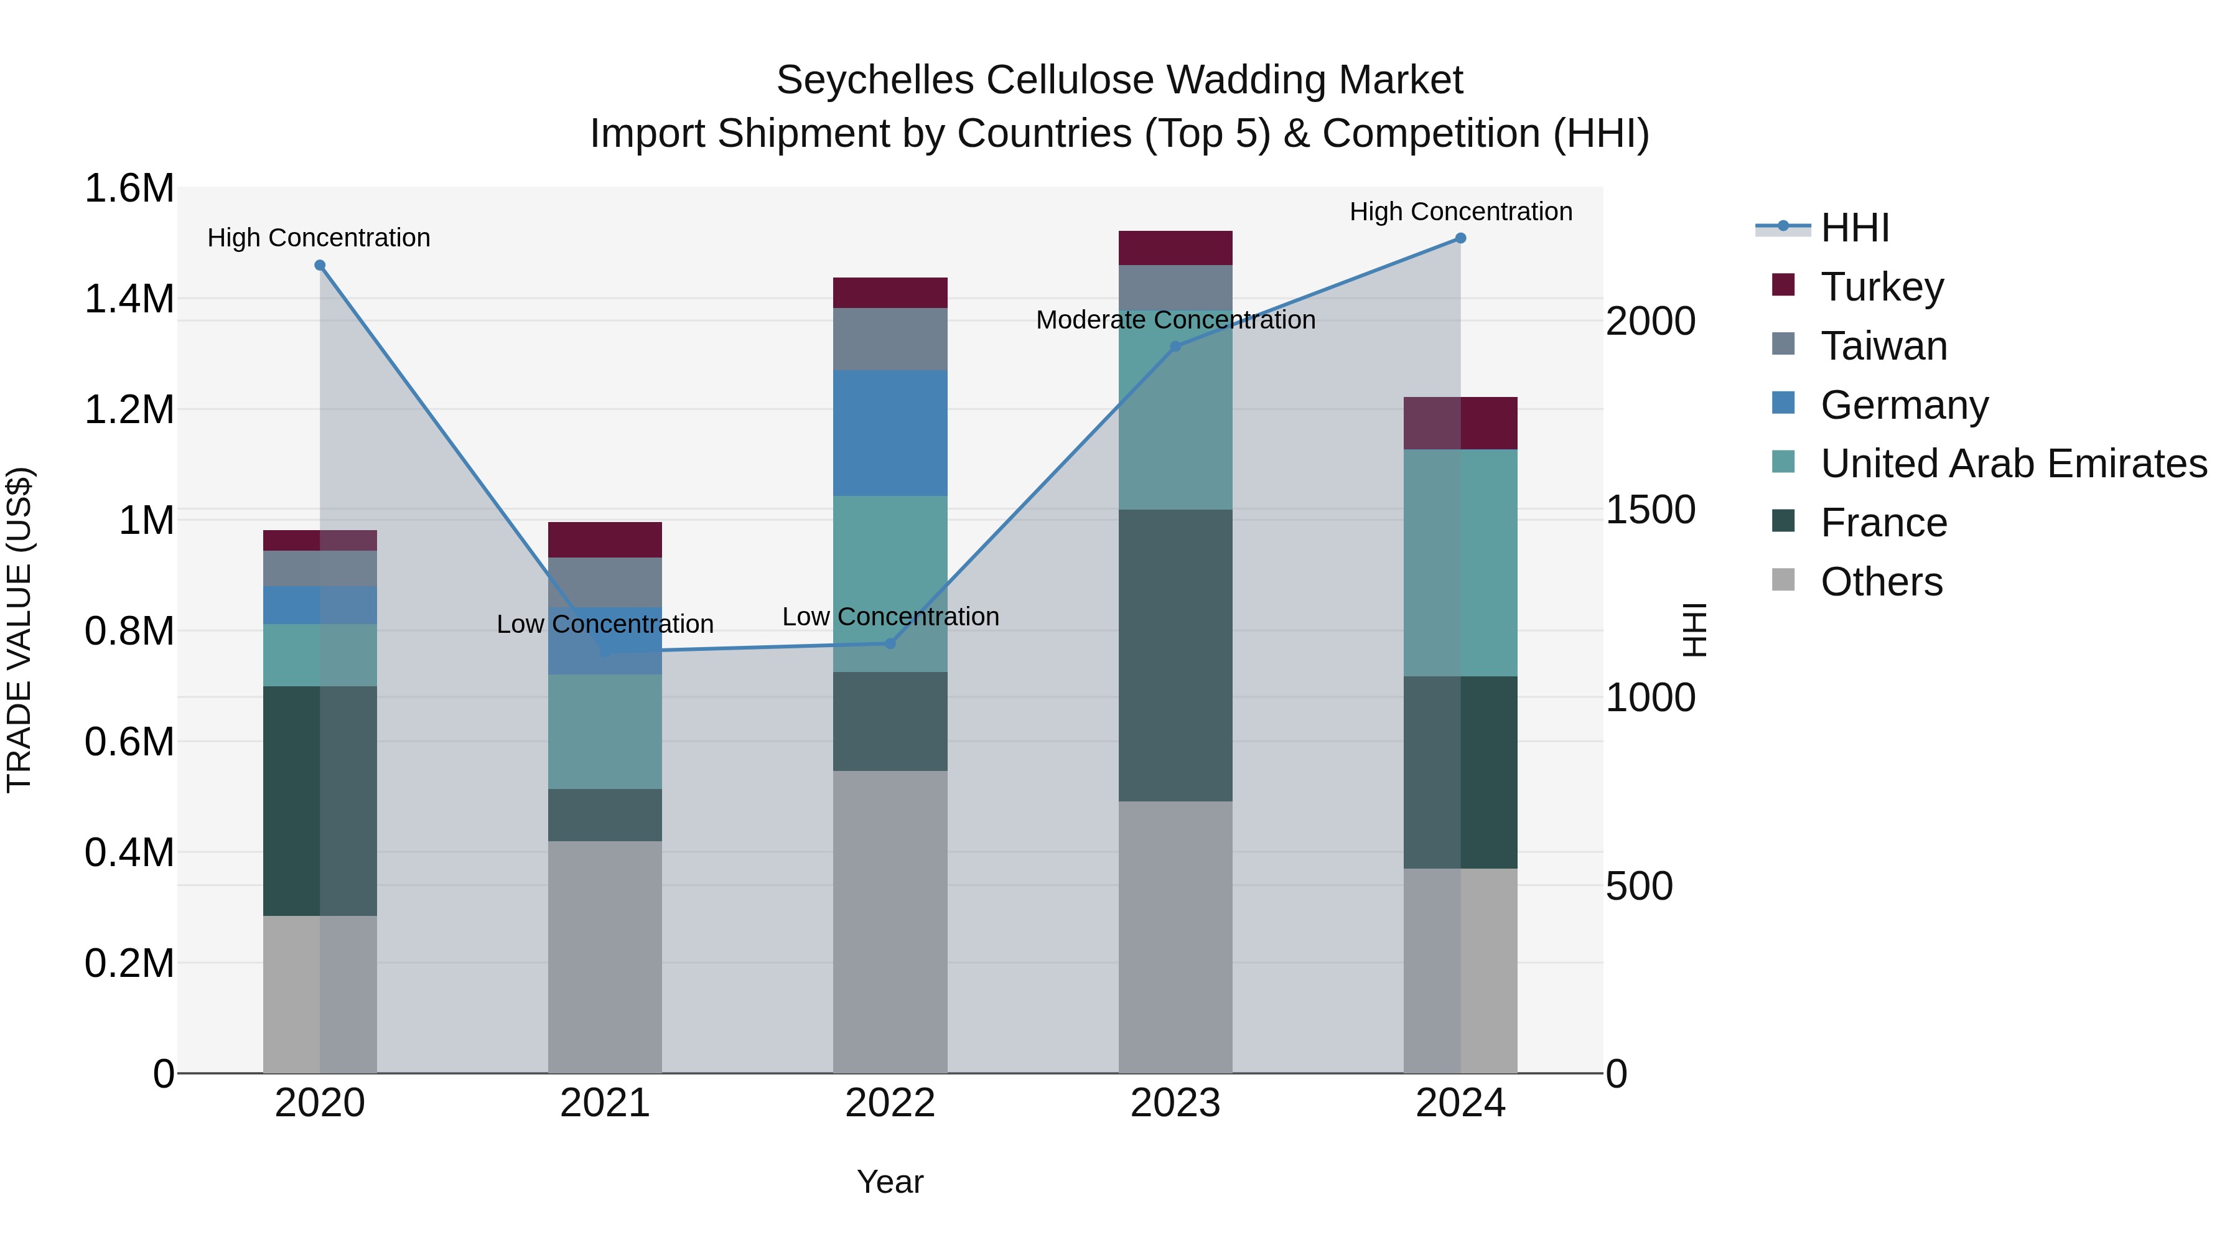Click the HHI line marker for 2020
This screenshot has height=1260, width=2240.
point(320,265)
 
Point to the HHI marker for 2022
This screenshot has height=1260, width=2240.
point(890,643)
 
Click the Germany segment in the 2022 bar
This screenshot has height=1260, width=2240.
point(890,433)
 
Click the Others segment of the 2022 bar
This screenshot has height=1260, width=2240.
point(890,921)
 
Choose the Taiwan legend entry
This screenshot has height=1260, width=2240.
point(1883,346)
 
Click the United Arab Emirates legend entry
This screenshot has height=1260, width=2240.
point(2013,464)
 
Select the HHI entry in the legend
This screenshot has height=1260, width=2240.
point(1854,228)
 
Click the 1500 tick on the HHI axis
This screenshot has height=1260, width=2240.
point(1650,510)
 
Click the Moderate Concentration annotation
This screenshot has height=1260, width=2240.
point(1175,320)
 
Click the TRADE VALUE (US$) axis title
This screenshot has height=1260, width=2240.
point(19,630)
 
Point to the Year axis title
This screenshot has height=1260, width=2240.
point(890,1182)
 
